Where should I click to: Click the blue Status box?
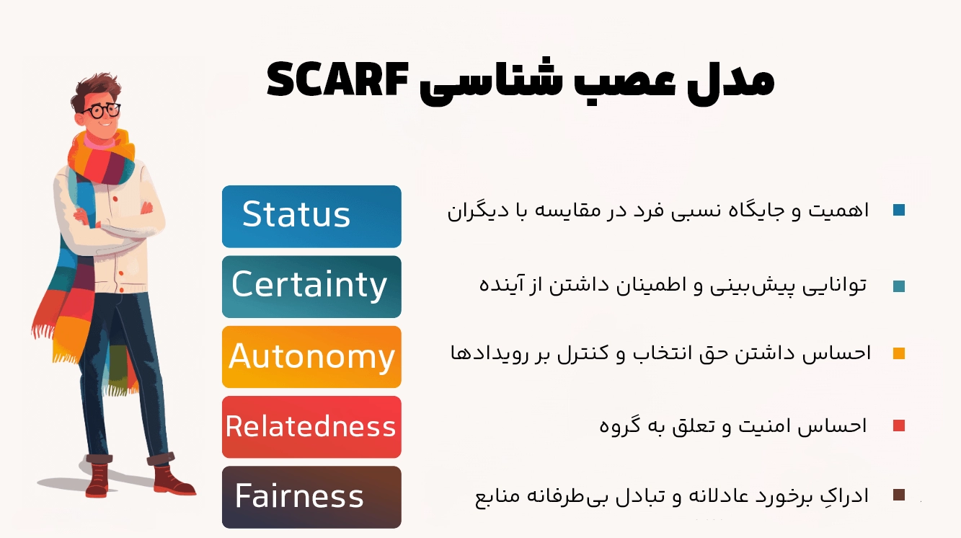click(311, 216)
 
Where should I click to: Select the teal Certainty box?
click(311, 286)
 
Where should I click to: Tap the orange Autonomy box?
click(311, 356)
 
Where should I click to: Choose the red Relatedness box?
click(311, 427)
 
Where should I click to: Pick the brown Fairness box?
click(311, 497)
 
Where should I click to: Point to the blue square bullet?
click(898, 211)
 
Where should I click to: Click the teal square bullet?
click(898, 286)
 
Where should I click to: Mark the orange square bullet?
click(898, 353)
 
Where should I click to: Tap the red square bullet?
click(898, 425)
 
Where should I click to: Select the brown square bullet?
click(898, 495)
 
